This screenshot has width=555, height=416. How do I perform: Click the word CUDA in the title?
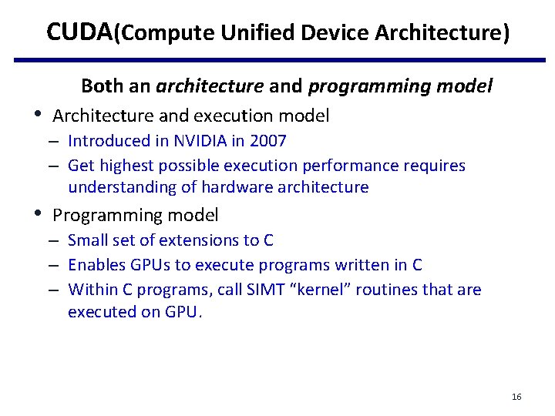tap(79, 32)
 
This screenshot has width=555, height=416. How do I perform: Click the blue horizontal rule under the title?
tap(277, 59)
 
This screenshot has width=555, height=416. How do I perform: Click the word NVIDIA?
tap(199, 141)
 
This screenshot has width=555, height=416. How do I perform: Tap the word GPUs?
tap(146, 265)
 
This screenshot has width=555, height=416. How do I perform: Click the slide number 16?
tap(516, 397)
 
